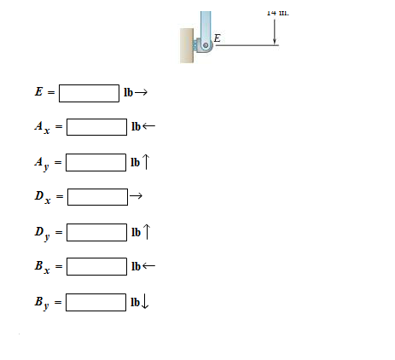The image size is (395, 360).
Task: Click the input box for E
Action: tap(89, 92)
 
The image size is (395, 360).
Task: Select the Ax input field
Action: tap(96, 127)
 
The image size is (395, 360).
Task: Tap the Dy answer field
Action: tap(96, 232)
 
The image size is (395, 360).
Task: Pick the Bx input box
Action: tap(96, 267)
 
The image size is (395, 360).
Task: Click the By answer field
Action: tap(96, 302)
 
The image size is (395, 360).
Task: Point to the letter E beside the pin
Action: tap(217, 38)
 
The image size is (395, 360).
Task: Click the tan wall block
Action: tap(186, 45)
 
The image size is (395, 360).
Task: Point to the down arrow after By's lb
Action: tap(147, 302)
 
